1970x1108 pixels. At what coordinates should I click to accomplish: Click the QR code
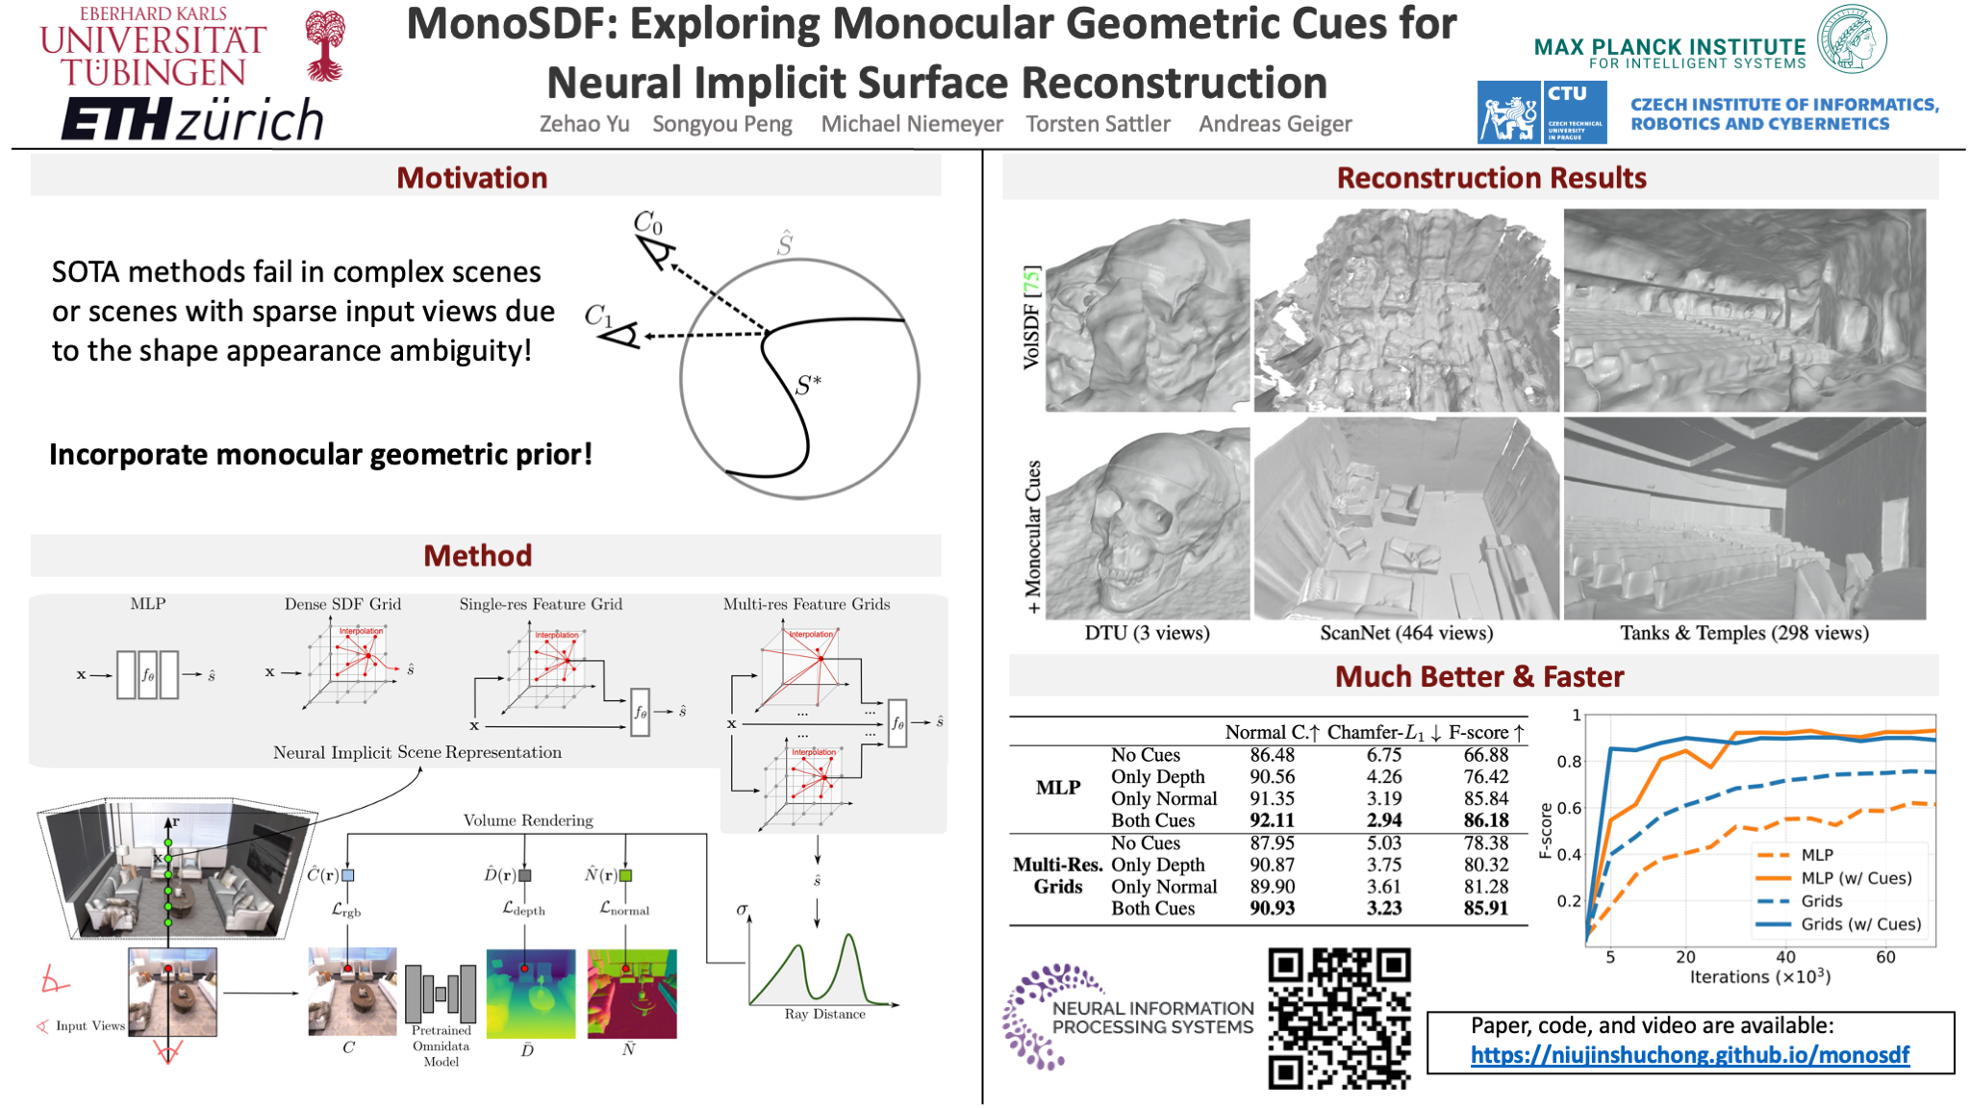click(1339, 1019)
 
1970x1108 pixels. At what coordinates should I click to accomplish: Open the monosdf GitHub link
click(1689, 1055)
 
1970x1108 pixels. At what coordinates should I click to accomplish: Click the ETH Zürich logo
click(192, 119)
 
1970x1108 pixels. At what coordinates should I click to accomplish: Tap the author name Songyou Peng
click(721, 124)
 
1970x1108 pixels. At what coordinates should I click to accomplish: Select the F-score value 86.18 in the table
click(1485, 820)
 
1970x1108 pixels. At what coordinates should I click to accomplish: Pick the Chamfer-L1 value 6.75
click(1384, 755)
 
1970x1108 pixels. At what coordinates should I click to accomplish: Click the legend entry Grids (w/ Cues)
click(1860, 924)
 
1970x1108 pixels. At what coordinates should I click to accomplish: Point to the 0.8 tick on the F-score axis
click(1569, 762)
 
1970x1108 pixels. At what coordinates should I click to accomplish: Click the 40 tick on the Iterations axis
click(1785, 957)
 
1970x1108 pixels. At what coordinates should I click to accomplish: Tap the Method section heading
click(477, 556)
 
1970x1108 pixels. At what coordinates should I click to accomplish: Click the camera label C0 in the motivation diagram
click(647, 223)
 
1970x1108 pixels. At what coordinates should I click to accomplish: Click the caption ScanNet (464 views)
click(1405, 633)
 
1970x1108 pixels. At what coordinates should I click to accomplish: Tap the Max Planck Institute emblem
click(1852, 38)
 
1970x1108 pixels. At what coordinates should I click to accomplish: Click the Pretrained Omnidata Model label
click(441, 1045)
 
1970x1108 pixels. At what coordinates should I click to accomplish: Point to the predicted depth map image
click(530, 994)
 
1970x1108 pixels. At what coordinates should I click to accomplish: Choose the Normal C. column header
click(1271, 732)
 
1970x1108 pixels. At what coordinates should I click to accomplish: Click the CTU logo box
click(1575, 113)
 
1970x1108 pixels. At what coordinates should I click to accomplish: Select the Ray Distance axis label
click(824, 1014)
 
